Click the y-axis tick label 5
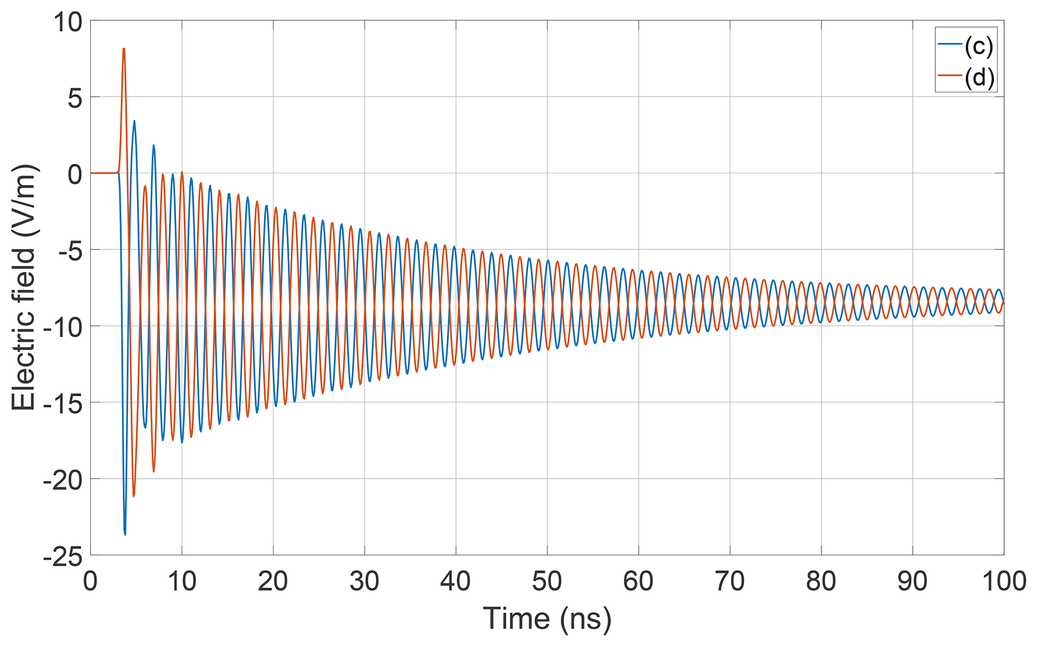click(75, 98)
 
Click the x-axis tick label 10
click(182, 581)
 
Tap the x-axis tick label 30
click(365, 581)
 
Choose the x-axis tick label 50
click(547, 581)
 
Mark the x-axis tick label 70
click(730, 581)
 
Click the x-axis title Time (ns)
click(547, 618)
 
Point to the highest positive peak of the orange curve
click(124, 49)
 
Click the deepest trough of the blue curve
click(125, 535)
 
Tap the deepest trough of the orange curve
click(134, 496)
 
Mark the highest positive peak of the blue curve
click(134, 120)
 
